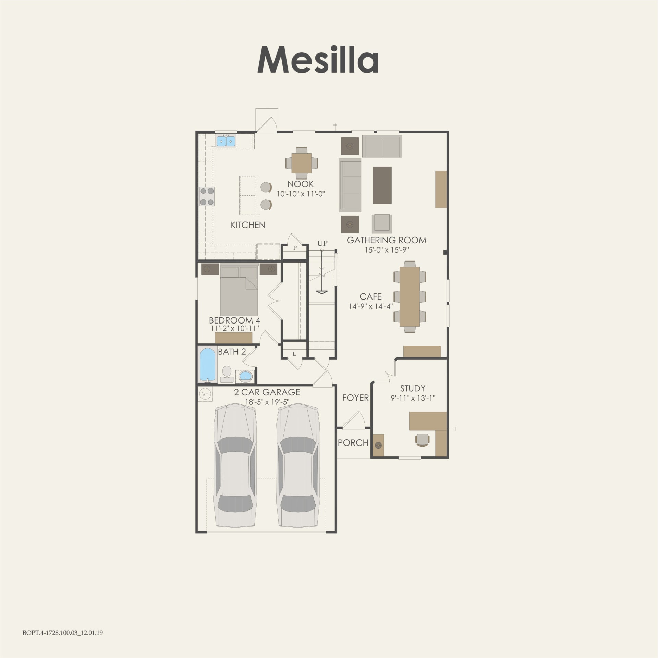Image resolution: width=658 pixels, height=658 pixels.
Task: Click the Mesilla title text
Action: (318, 60)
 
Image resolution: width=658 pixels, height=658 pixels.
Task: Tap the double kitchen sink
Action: (226, 141)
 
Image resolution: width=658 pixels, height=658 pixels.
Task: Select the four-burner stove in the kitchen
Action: (207, 196)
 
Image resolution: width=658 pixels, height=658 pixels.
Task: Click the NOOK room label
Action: (301, 184)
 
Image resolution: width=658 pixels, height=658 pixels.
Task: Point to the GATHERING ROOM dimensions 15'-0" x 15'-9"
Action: (387, 250)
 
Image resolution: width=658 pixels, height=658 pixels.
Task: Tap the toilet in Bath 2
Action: (227, 374)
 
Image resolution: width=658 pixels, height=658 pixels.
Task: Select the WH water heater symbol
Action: (205, 394)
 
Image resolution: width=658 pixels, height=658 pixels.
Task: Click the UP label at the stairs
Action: (322, 243)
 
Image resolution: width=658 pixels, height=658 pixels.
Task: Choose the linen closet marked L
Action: (294, 354)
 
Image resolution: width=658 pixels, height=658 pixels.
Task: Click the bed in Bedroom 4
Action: (239, 291)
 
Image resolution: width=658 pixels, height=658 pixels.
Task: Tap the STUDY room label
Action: (413, 388)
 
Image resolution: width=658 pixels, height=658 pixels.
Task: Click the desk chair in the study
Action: (423, 440)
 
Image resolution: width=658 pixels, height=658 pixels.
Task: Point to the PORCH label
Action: (353, 442)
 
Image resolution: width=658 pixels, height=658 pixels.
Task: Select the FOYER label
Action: (355, 398)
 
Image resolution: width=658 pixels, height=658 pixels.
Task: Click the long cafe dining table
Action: (410, 296)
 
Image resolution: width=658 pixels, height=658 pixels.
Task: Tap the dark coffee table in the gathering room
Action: (382, 185)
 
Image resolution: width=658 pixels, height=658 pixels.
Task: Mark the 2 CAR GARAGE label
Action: (267, 392)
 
